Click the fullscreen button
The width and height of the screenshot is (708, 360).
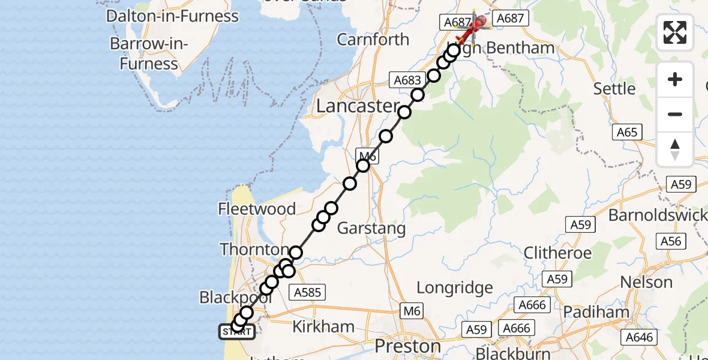click(x=675, y=32)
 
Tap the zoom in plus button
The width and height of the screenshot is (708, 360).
click(x=675, y=80)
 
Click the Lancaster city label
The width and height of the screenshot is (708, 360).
click(x=357, y=107)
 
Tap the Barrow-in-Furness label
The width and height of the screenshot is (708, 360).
click(x=149, y=53)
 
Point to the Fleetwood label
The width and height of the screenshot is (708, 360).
click(x=257, y=209)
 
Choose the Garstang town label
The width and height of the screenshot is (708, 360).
click(x=371, y=228)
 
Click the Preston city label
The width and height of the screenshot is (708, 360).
click(x=407, y=346)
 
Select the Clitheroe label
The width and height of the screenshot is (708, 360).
click(x=557, y=253)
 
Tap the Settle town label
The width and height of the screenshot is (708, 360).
click(x=614, y=89)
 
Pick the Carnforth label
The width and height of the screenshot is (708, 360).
click(x=373, y=40)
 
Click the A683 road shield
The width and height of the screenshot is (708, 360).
click(x=406, y=80)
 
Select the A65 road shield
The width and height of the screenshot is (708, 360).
click(x=626, y=132)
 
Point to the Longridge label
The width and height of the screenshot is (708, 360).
click(x=454, y=287)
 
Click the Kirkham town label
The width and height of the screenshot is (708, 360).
click(x=323, y=326)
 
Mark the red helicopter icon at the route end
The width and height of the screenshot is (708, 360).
click(x=473, y=27)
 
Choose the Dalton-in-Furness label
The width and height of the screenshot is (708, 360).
click(x=172, y=16)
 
